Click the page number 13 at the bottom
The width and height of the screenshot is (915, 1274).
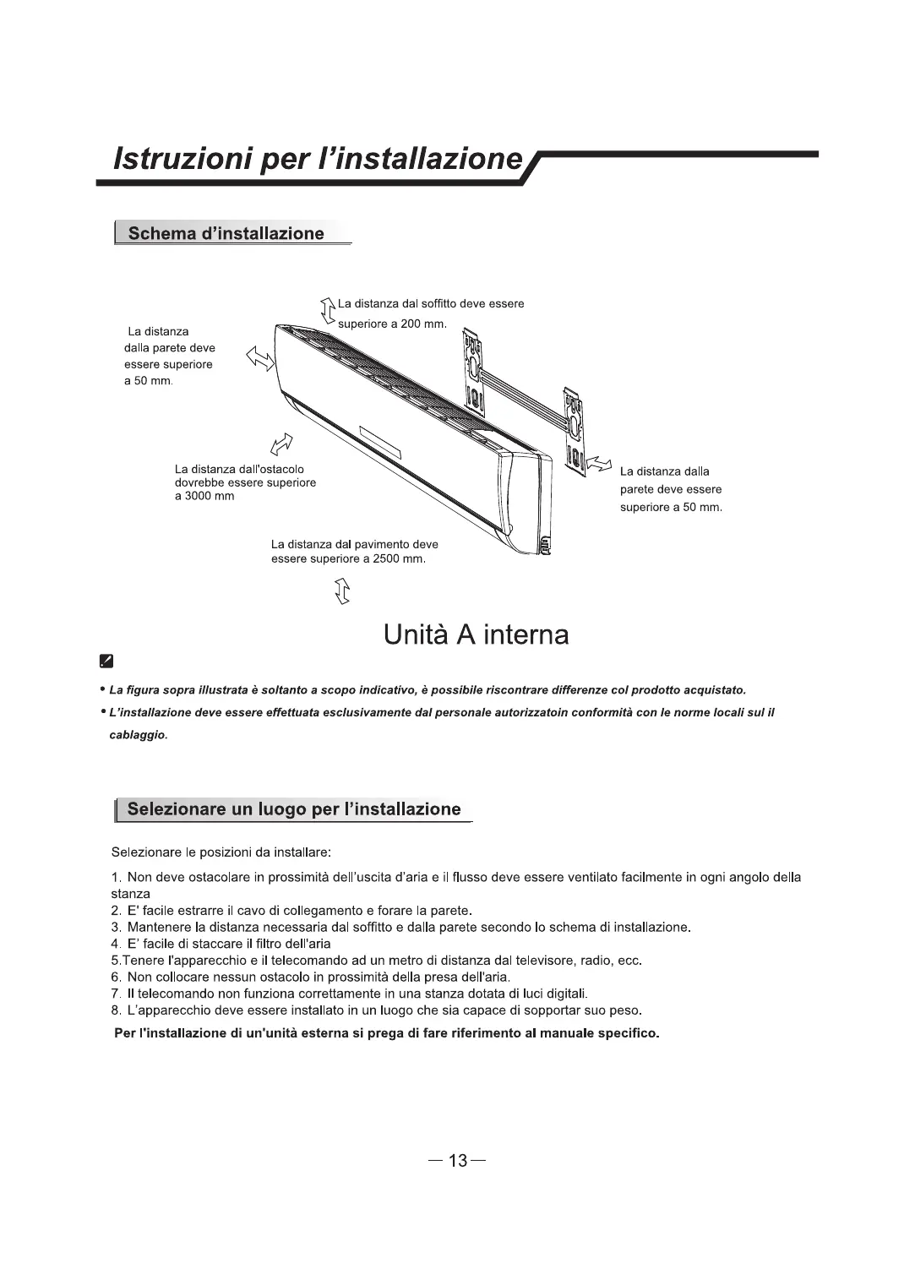(x=457, y=1161)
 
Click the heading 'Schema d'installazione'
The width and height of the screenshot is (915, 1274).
(x=226, y=234)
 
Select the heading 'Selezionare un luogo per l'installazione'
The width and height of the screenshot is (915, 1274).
(x=294, y=809)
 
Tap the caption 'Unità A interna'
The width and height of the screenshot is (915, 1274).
(x=476, y=635)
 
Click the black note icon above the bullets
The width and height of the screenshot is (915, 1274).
(x=106, y=661)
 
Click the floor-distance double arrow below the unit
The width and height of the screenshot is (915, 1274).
(x=342, y=591)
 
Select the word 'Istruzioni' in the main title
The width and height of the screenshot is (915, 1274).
(x=177, y=158)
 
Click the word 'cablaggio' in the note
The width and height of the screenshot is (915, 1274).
(x=139, y=735)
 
